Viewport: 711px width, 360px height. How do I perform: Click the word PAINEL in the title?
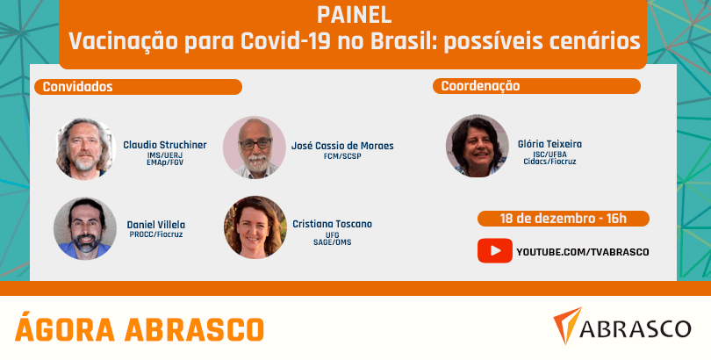(x=354, y=16)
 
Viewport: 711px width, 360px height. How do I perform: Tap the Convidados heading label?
(x=77, y=87)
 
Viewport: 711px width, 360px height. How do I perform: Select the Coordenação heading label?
(x=481, y=86)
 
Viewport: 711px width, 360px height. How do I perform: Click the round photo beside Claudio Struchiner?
(x=84, y=148)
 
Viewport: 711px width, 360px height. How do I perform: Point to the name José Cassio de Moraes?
(x=342, y=146)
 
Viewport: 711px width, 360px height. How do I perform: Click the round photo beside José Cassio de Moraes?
(x=255, y=148)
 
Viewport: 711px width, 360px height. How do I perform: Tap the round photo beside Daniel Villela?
(x=85, y=228)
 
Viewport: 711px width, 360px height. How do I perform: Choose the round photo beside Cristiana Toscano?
(x=255, y=227)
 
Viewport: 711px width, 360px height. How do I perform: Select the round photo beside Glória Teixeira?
(x=477, y=146)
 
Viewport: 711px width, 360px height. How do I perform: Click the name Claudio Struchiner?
(x=165, y=145)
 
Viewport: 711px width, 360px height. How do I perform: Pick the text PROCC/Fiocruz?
(x=156, y=234)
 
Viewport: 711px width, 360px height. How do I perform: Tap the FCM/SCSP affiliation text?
(x=340, y=156)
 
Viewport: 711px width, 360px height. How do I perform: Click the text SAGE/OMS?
(x=333, y=242)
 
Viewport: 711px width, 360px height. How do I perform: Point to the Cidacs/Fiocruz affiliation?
(x=549, y=162)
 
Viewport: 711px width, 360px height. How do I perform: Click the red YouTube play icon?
(x=495, y=251)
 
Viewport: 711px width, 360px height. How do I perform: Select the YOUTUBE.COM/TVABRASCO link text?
(x=583, y=252)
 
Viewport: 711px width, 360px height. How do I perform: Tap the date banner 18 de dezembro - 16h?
(x=564, y=219)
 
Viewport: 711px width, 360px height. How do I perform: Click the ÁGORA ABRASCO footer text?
(x=140, y=329)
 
